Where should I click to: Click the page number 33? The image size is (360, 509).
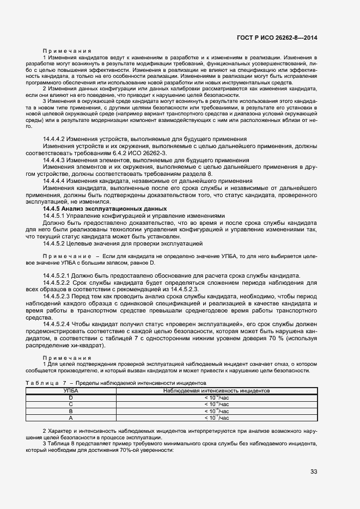tap(314, 471)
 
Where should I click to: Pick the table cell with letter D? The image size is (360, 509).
tap(70, 397)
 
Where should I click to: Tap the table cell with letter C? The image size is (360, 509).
tap(70, 404)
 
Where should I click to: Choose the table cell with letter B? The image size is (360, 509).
tap(70, 411)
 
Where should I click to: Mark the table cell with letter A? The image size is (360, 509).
tap(70, 418)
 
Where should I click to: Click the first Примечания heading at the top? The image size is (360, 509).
tap(63, 51)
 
